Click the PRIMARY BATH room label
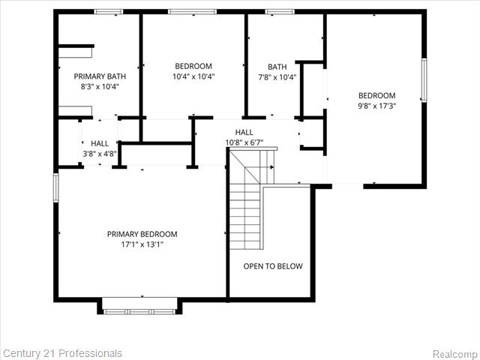point(100,76)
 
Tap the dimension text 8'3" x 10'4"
point(100,86)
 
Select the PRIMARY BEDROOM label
point(142,234)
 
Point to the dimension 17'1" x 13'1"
point(142,244)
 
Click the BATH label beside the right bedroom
point(277,66)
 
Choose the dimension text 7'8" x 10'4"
point(277,76)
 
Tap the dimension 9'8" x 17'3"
point(376,106)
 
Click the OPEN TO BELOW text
point(273,266)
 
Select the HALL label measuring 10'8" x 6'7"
point(244,132)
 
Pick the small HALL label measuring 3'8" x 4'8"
point(100,143)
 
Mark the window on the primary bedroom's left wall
point(55,187)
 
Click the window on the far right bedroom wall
point(424,80)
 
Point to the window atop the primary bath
point(108,11)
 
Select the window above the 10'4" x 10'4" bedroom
point(192,11)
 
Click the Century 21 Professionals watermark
point(62,353)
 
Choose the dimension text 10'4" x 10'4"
point(193,76)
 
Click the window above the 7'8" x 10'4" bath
point(280,11)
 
